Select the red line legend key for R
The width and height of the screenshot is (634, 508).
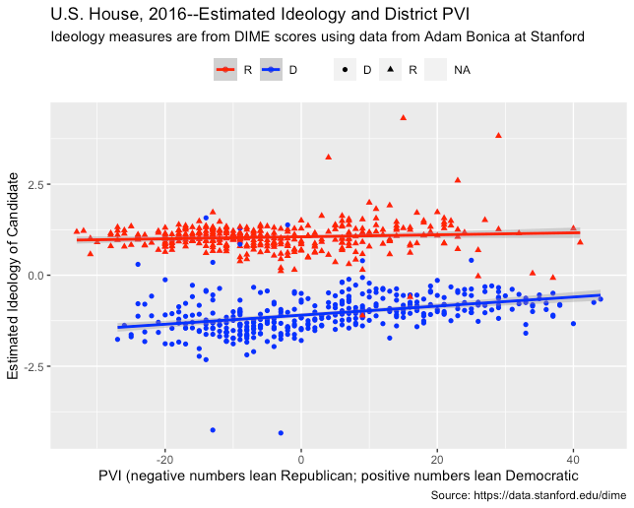click(x=225, y=70)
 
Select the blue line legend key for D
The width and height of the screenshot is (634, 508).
click(x=272, y=70)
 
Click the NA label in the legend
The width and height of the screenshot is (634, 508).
click(x=462, y=70)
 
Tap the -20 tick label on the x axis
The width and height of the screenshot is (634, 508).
click(x=164, y=458)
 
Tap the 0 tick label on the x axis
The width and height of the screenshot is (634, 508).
click(x=301, y=458)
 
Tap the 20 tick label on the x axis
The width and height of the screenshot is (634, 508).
click(x=437, y=458)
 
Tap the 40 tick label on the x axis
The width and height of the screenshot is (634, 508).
click(x=573, y=458)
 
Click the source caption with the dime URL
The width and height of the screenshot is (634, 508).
click(x=529, y=496)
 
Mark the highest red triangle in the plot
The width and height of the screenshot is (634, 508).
click(x=403, y=118)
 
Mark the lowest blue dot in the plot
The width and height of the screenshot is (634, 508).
click(x=281, y=432)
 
